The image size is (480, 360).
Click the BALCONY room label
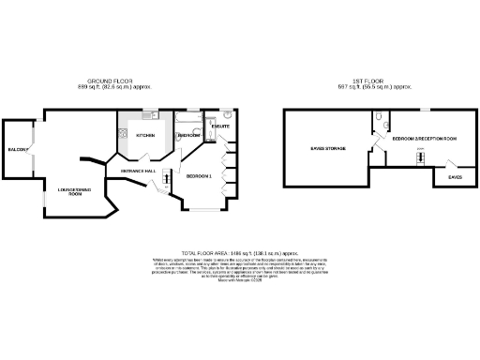[16, 150]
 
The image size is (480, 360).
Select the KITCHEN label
[145, 136]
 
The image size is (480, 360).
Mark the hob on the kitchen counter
[124, 135]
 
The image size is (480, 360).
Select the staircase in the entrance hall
[167, 178]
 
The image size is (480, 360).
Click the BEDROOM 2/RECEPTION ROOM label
[424, 138]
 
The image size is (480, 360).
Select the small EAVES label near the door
[455, 175]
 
